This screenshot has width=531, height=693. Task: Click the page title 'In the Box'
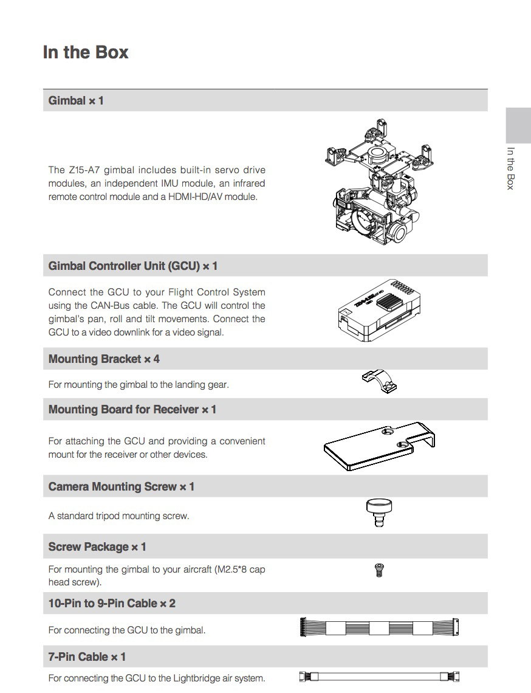[x=86, y=52]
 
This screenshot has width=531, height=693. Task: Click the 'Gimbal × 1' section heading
[x=76, y=100]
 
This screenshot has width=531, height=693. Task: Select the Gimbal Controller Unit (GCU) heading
[x=132, y=266]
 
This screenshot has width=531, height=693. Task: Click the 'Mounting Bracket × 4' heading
[x=104, y=359]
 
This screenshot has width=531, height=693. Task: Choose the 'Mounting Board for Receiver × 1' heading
[x=132, y=410]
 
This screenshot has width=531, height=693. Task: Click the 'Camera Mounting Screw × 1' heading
[x=122, y=487]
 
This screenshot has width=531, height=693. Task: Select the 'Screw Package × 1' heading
[x=97, y=547]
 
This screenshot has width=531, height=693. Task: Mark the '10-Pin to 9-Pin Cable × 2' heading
[x=112, y=604]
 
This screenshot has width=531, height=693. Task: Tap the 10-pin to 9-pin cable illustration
[x=380, y=628]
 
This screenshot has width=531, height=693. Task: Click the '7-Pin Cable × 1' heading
[x=87, y=657]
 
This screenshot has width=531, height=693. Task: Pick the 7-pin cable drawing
[x=380, y=676]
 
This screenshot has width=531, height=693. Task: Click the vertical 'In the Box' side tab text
[x=510, y=168]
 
